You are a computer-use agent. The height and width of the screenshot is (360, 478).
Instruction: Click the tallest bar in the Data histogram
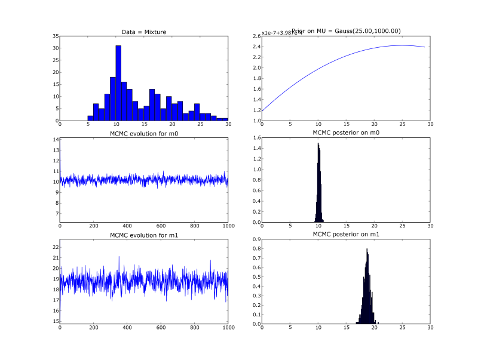click(x=118, y=83)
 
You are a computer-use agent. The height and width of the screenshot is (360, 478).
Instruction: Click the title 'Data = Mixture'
click(x=144, y=32)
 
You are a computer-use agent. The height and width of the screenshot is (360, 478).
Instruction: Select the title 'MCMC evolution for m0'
click(x=144, y=133)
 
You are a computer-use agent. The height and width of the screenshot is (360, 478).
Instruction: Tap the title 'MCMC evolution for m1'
click(x=144, y=235)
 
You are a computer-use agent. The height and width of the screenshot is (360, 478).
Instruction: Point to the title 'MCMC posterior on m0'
click(x=346, y=133)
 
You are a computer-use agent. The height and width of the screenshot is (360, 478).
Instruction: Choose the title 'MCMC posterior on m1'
click(x=346, y=235)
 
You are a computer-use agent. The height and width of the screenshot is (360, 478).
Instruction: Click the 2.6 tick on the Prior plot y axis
click(x=256, y=36)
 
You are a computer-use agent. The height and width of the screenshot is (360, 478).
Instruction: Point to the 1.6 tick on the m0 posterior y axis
click(x=256, y=138)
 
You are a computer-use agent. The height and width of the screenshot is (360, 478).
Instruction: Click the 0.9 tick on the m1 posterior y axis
click(x=256, y=239)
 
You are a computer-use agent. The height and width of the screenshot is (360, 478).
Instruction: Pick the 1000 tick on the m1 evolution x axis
click(x=228, y=330)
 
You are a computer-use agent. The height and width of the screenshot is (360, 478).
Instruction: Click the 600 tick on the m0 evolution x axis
click(x=161, y=227)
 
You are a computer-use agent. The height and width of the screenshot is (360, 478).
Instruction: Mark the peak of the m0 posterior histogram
click(x=318, y=143)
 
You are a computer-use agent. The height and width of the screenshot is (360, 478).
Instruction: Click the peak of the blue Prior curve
click(x=402, y=45)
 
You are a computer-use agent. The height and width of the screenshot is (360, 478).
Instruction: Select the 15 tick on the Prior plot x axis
click(x=346, y=125)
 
